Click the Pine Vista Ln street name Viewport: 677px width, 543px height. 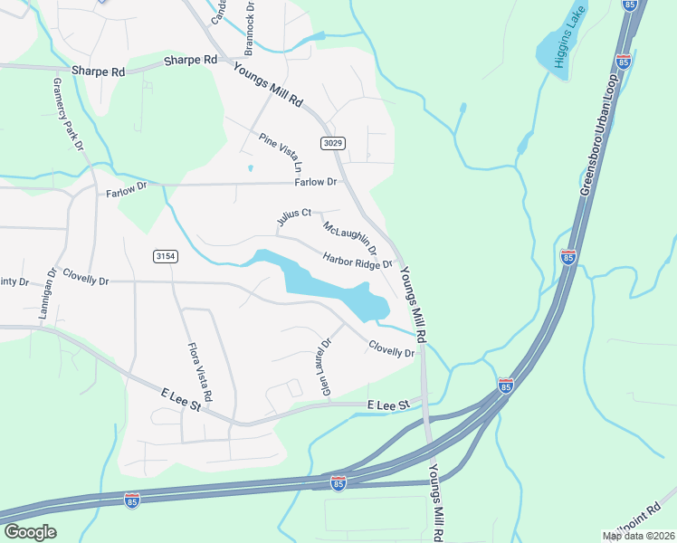click(x=280, y=153)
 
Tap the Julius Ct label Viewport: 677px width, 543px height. click(x=294, y=218)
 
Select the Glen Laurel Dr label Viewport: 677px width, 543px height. click(x=325, y=367)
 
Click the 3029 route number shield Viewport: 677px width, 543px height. click(x=332, y=143)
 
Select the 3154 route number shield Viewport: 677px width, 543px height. click(x=165, y=257)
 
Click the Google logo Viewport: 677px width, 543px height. click(x=30, y=532)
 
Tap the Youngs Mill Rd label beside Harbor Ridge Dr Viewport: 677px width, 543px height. click(x=415, y=303)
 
